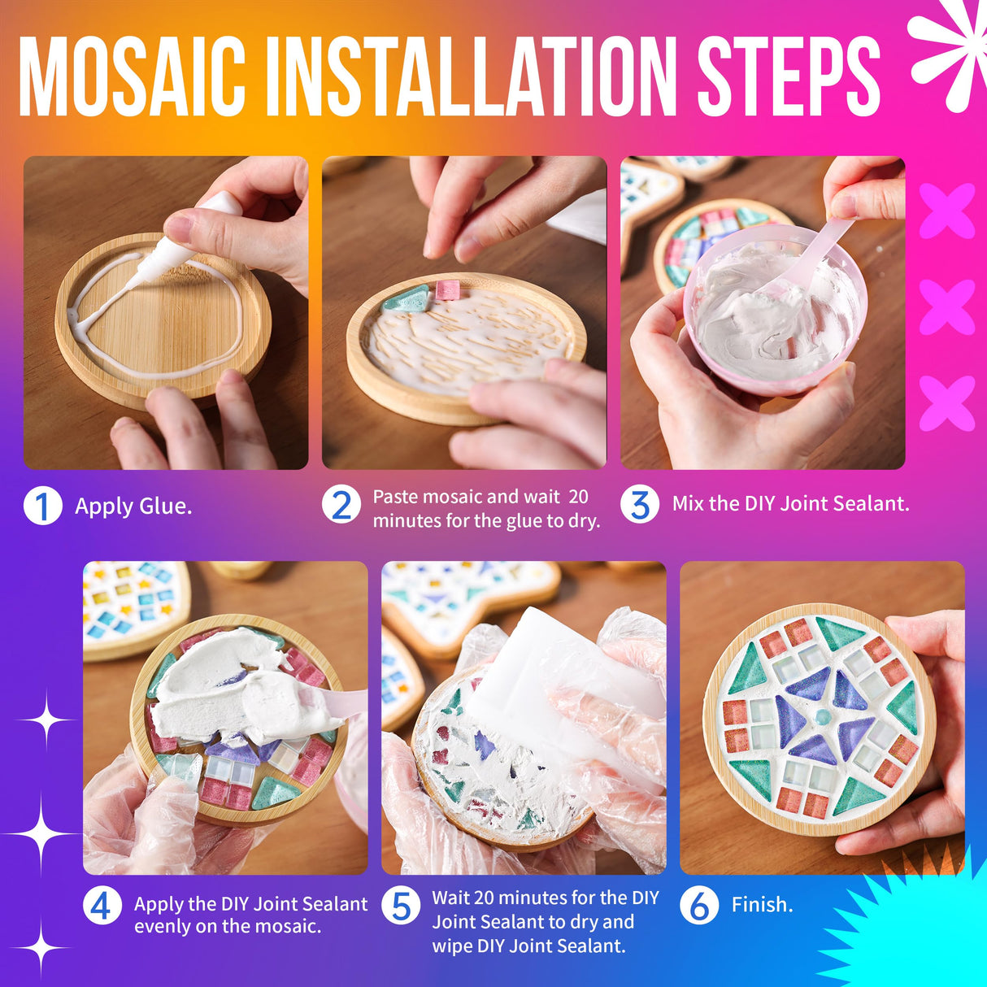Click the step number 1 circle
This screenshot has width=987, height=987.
coord(42,506)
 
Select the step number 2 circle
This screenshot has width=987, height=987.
coord(341,506)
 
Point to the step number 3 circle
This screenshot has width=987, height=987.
coord(640,504)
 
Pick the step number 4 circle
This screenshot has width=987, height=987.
coord(102,905)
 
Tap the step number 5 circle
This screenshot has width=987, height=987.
coord(401,906)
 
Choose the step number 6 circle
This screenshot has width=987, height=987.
coord(699,906)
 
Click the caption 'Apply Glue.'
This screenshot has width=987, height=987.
coord(133,507)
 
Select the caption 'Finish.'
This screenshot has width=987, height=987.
coord(762,905)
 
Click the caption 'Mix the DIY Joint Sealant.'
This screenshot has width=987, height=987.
coord(790,504)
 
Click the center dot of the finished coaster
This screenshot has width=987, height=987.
coord(823,717)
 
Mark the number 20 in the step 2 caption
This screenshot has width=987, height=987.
coord(578,497)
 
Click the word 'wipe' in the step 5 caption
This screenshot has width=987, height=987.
coord(452,946)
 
